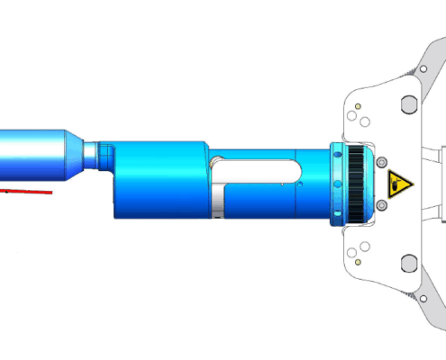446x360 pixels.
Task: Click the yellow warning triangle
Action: click(399, 185)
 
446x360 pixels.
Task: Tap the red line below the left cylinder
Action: click(26, 191)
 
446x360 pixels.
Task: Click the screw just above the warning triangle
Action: click(381, 161)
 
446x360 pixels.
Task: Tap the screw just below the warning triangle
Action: click(381, 206)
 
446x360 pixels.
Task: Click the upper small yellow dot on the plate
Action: click(359, 106)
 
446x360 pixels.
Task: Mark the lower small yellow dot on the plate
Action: click(359, 262)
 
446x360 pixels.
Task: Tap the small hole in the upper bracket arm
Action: click(422, 68)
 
